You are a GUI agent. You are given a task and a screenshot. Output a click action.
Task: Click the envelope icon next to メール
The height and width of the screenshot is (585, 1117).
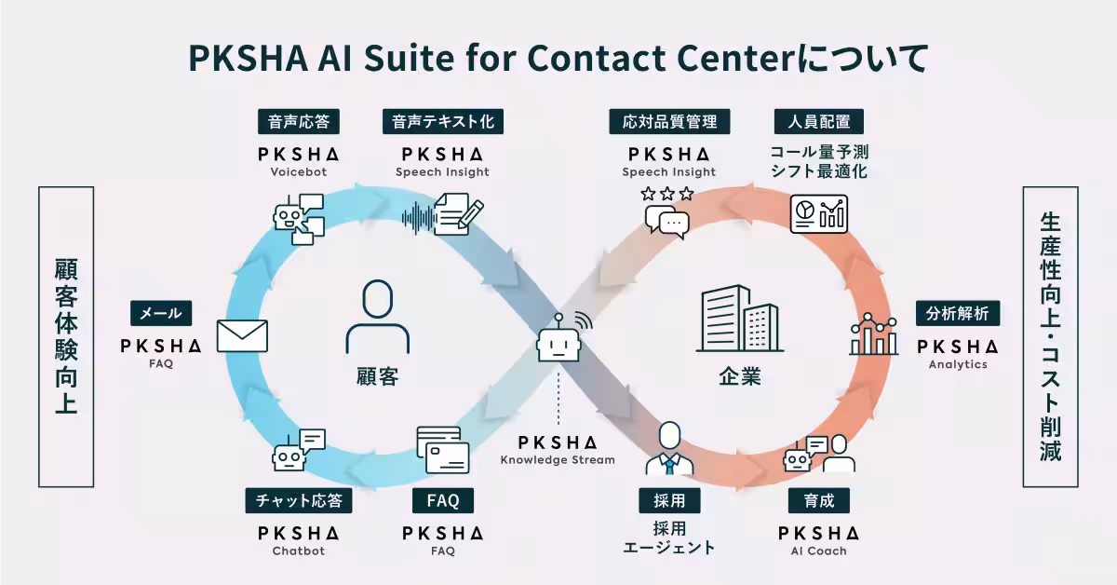click(242, 336)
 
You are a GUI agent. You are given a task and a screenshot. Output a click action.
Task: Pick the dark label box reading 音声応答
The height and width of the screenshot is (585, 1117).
click(298, 121)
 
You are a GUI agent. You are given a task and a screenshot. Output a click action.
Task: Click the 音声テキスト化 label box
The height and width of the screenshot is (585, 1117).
click(442, 121)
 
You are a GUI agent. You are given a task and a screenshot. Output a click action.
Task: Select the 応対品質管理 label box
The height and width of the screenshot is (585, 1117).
click(669, 121)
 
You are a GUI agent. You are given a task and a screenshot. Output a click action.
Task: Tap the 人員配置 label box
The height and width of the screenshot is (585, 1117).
click(819, 121)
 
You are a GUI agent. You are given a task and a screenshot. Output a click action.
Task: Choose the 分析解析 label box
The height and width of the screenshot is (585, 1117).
click(958, 313)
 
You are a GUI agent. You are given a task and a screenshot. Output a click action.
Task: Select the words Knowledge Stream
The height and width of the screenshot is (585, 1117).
click(558, 459)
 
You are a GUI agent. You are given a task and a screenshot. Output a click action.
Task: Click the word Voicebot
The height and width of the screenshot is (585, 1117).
click(298, 171)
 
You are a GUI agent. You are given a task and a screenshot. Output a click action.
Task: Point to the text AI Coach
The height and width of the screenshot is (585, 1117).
click(819, 551)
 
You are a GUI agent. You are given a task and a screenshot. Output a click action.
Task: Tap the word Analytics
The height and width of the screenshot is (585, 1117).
click(958, 364)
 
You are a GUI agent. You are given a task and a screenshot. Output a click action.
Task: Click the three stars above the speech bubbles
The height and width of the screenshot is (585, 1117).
click(667, 195)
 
